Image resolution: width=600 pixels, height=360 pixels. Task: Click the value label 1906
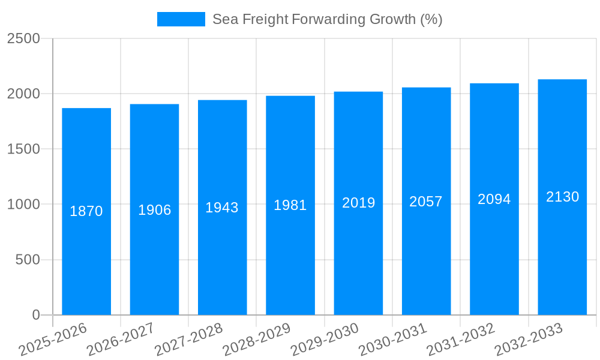pyautogui.click(x=155, y=210)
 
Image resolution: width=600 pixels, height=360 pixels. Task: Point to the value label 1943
pyautogui.click(x=222, y=208)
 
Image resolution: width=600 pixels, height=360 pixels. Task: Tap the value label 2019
pyautogui.click(x=359, y=203)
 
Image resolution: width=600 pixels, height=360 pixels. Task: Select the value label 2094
pyautogui.click(x=494, y=199)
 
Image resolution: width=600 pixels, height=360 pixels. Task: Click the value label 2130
pyautogui.click(x=563, y=197)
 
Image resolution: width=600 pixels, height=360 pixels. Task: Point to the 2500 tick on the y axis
pyautogui.click(x=23, y=38)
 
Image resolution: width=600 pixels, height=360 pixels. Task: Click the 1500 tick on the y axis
pyautogui.click(x=23, y=149)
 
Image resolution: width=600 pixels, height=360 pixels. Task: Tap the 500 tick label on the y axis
pyautogui.click(x=28, y=260)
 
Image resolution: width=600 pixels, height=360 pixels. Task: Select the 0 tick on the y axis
pyautogui.click(x=35, y=315)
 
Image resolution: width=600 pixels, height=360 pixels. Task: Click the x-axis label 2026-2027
pyautogui.click(x=121, y=340)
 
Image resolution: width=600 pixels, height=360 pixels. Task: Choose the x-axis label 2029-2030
pyautogui.click(x=325, y=340)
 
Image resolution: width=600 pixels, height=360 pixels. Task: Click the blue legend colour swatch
pyautogui.click(x=181, y=19)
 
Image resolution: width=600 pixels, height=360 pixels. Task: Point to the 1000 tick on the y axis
pyautogui.click(x=23, y=204)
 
